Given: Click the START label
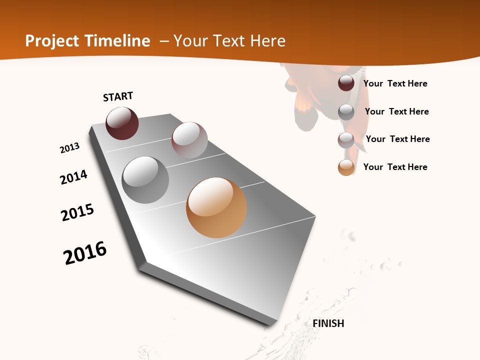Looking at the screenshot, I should [x=118, y=96].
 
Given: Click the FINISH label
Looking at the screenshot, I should [x=328, y=323].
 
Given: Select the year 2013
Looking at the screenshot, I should [x=69, y=148].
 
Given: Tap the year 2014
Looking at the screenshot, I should [x=74, y=177].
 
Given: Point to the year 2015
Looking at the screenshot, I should [x=77, y=212].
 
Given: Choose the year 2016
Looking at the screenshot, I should [x=85, y=253].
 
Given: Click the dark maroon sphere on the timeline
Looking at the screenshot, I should [x=122, y=123].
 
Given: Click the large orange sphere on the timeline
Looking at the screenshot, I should [x=216, y=207].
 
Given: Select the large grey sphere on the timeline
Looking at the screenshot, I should [x=145, y=179].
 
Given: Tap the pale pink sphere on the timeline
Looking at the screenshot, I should [x=189, y=140].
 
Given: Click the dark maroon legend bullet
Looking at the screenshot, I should [x=346, y=83].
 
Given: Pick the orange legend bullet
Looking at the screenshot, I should [x=346, y=167].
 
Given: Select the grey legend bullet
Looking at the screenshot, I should [x=346, y=112].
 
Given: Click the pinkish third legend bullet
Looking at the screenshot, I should [x=346, y=140].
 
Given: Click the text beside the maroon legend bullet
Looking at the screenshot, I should [x=395, y=83].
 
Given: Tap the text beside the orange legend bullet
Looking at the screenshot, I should [x=395, y=167].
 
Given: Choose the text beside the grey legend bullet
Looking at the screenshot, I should [x=396, y=111].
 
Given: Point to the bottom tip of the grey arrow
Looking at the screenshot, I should [x=272, y=325].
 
